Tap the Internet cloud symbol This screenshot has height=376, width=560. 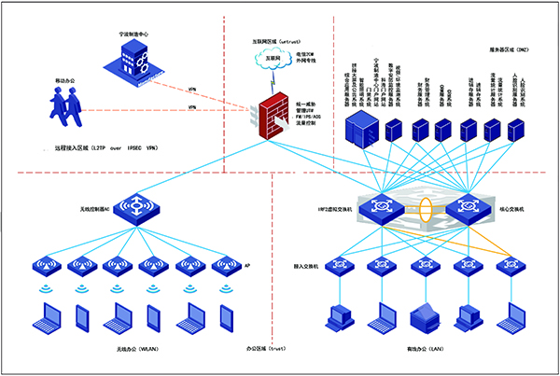[x=273, y=59]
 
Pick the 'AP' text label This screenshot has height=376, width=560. [x=245, y=266]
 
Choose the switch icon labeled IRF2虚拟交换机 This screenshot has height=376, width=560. [x=381, y=207]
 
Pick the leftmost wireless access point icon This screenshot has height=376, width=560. [x=45, y=266]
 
